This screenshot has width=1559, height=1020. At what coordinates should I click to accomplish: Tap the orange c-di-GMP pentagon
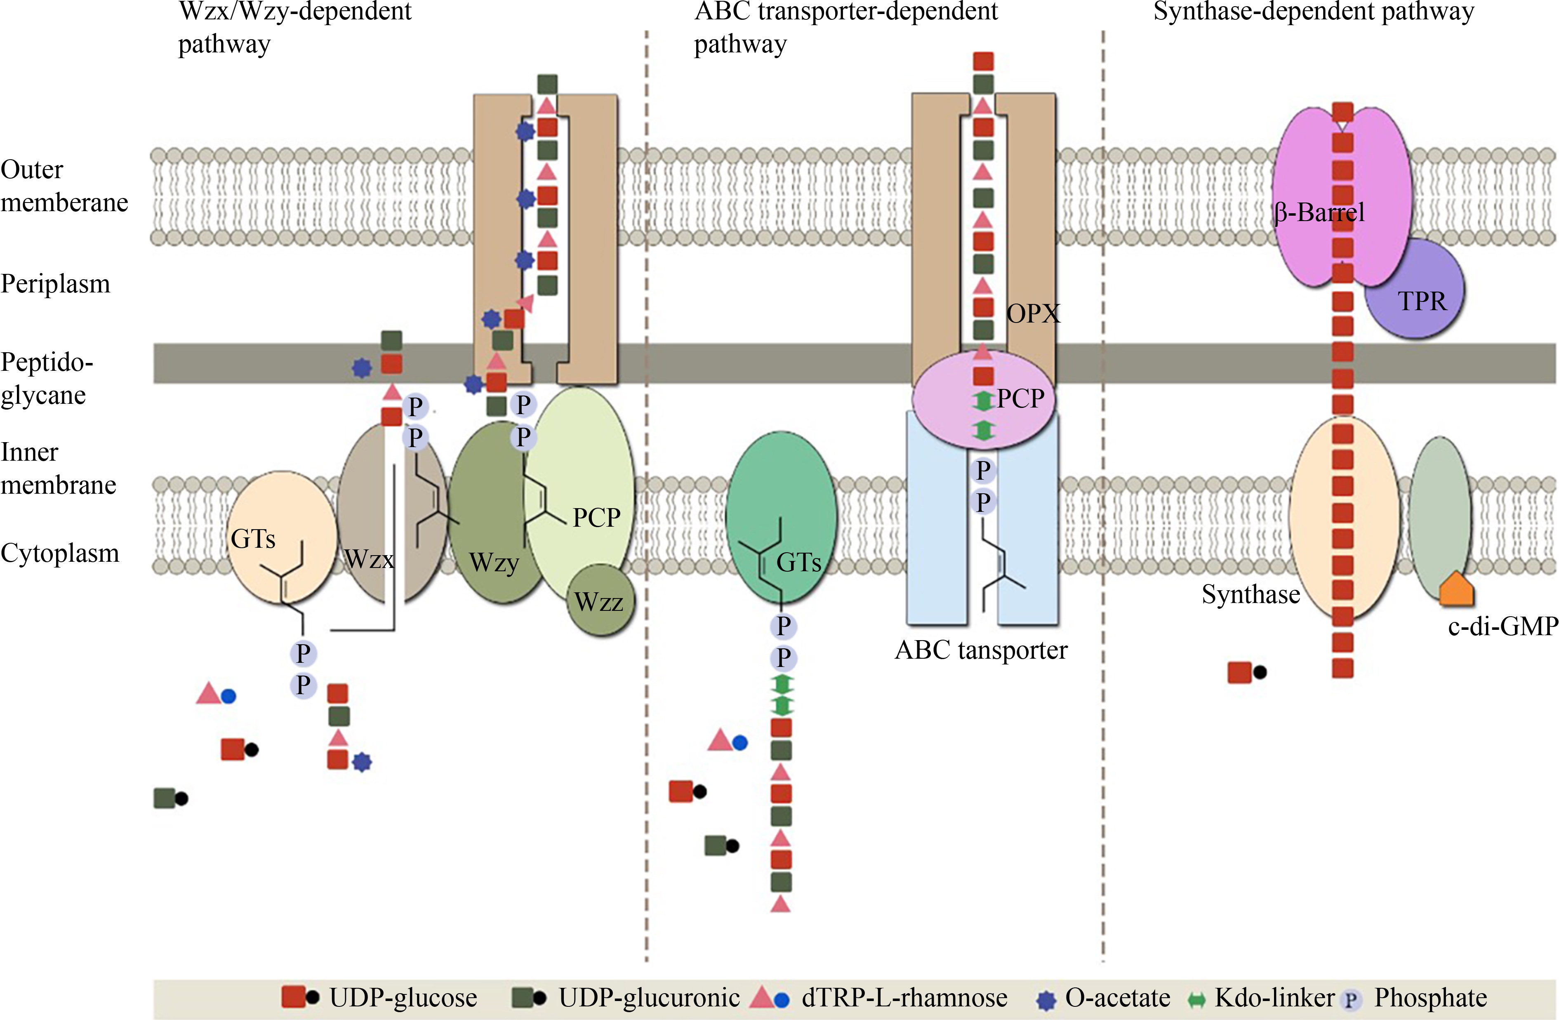[x=1456, y=589]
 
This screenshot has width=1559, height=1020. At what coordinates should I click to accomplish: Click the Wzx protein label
[x=369, y=559]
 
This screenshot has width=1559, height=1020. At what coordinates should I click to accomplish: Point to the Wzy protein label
[x=494, y=562]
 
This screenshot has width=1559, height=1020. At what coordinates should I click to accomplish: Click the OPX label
[x=1033, y=314]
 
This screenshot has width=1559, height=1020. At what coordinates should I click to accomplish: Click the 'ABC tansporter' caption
[x=981, y=650]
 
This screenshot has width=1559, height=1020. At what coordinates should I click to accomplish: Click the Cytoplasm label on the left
[x=60, y=553]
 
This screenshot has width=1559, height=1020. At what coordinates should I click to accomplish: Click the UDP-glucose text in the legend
[x=403, y=998]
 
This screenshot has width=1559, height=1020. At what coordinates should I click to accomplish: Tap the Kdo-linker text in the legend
[x=1274, y=998]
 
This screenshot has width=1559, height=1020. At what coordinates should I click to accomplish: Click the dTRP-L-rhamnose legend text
[x=904, y=998]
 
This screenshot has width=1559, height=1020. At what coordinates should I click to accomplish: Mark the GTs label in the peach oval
[x=253, y=539]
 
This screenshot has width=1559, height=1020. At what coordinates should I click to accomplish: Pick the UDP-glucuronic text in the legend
[x=648, y=998]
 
